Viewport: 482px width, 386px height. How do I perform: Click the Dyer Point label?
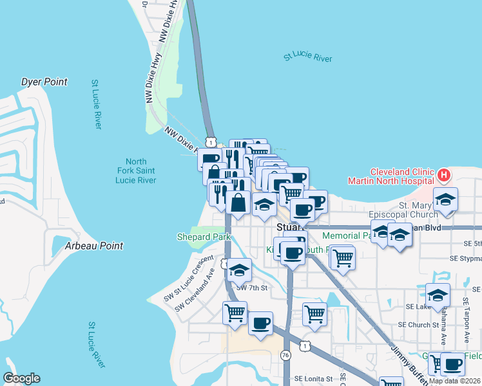[x=44, y=82]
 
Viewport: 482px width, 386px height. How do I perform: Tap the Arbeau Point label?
[x=93, y=246]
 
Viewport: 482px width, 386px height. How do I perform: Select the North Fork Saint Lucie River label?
[x=136, y=171]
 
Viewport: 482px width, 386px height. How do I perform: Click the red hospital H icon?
[x=443, y=174]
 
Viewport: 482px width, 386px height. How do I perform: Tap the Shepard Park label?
[x=204, y=237]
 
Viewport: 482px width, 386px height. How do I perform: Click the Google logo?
[x=21, y=378]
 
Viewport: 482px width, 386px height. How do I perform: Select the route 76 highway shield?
[x=285, y=355]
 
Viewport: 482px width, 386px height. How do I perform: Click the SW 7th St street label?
[x=251, y=288]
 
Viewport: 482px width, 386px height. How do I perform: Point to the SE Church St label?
[x=418, y=325]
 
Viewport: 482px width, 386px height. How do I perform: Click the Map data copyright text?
[x=455, y=381]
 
